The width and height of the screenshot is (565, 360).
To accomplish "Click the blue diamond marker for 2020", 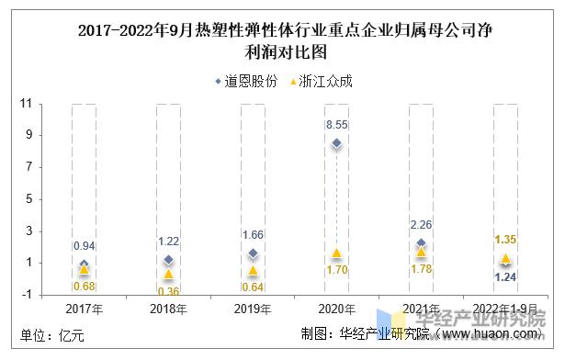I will click(337, 143).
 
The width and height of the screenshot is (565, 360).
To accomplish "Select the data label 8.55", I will click(337, 123).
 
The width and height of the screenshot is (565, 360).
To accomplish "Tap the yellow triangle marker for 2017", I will click(84, 269).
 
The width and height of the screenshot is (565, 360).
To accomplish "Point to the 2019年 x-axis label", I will click(253, 309).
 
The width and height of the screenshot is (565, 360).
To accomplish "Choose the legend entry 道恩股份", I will click(248, 81).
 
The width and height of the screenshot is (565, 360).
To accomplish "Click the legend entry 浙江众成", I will click(322, 81).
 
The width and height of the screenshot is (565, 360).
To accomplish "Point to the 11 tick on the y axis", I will click(27, 104).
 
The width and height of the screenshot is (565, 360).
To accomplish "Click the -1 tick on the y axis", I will click(27, 295).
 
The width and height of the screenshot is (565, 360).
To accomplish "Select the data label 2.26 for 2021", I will click(422, 224).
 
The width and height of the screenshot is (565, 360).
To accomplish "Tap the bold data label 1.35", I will click(506, 240).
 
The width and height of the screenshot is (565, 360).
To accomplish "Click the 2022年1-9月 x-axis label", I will click(506, 309).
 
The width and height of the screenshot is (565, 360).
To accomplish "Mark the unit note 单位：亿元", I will click(52, 336).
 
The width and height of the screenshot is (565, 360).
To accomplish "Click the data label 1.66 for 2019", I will click(253, 234).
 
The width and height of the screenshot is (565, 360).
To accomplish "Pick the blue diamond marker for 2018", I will click(168, 260).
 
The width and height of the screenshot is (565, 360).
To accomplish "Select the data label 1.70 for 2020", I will click(337, 271).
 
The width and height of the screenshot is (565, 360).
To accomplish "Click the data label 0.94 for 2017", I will click(84, 245).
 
